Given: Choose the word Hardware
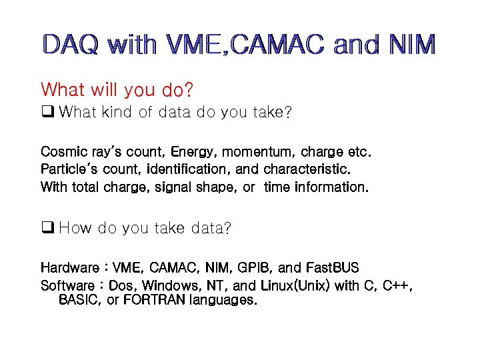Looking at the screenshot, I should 69,268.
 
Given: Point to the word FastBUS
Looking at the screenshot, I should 332,268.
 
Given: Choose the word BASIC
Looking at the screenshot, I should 80,300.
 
